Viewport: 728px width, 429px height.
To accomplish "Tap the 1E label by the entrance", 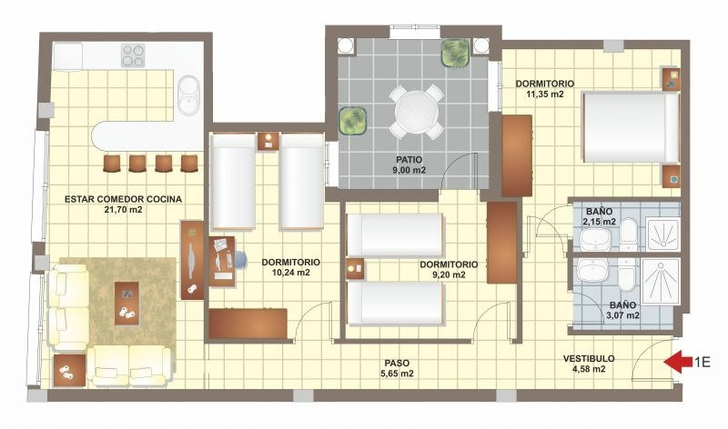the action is pos(702,362).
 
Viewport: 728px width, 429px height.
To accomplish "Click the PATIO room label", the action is pos(409,160).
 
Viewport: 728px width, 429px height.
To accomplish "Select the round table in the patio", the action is pos(417,111).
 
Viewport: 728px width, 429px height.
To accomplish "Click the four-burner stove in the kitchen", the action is pos(133,55).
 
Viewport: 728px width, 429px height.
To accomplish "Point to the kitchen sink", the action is pos(189,95).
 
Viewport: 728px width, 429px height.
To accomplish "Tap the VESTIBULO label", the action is pos(589,358).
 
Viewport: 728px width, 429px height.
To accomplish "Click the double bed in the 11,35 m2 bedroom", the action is pos(631,127).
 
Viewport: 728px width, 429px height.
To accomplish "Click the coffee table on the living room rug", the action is pos(126,304).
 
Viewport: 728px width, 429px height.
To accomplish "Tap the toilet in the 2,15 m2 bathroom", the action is pos(628,234).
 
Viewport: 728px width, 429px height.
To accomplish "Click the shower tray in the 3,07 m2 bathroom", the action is pos(662,281).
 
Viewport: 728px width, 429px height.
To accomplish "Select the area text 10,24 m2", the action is pos(291,273).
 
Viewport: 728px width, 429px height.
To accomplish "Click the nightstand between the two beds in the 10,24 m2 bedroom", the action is pos(268,142).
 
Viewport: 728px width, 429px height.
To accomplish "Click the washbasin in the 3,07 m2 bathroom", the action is pos(592,270).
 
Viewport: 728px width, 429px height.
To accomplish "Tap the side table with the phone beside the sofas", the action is pos(69,370).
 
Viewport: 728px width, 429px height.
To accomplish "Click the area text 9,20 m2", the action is pos(449,274).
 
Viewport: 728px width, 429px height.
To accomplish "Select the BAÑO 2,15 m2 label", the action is pos(600,216).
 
